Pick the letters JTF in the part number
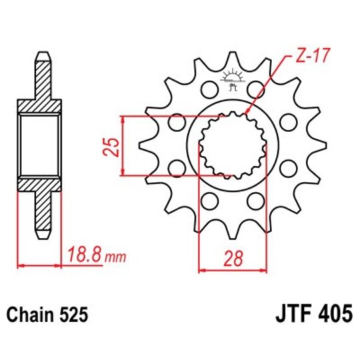click(x=291, y=313)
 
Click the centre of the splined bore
click(x=233, y=145)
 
